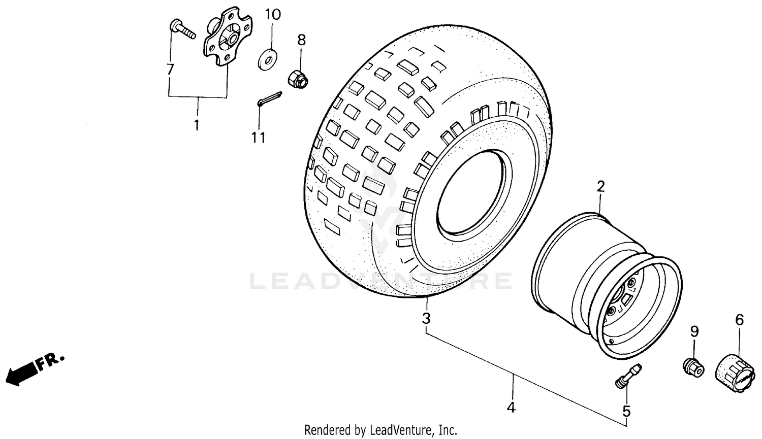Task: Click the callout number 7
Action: pyautogui.click(x=170, y=70)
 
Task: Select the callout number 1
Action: pyautogui.click(x=197, y=124)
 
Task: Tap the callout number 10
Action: pyautogui.click(x=273, y=14)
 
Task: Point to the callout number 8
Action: pyautogui.click(x=301, y=40)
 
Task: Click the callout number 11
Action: pyautogui.click(x=259, y=137)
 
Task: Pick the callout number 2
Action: pyautogui.click(x=600, y=187)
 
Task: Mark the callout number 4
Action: pyautogui.click(x=512, y=407)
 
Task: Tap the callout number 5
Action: pyautogui.click(x=626, y=410)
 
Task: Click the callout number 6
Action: pyautogui.click(x=739, y=320)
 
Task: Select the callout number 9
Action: pyautogui.click(x=694, y=331)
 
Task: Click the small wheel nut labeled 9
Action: pyautogui.click(x=693, y=367)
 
